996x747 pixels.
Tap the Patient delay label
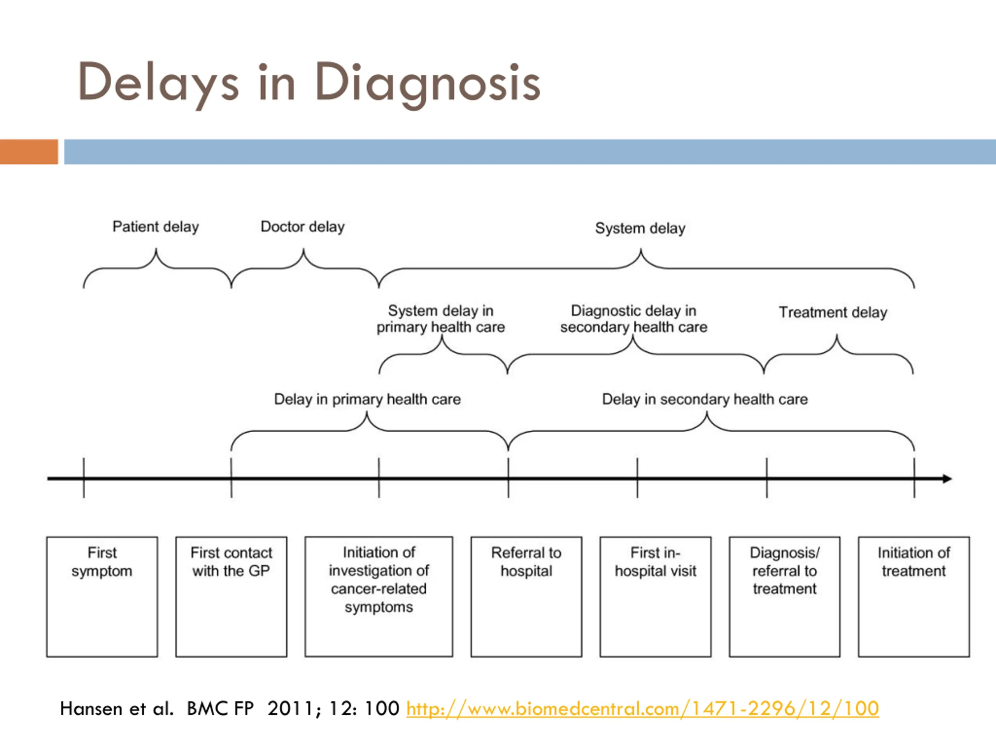(x=155, y=226)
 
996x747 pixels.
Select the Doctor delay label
(x=303, y=226)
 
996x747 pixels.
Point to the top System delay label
(x=640, y=228)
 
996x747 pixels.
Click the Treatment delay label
(x=833, y=312)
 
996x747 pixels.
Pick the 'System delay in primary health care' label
(x=441, y=319)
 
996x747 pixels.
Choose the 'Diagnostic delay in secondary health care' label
(x=633, y=319)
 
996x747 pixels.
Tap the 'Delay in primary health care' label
(x=367, y=400)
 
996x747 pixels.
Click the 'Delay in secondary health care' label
(x=705, y=400)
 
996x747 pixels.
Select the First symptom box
(x=102, y=596)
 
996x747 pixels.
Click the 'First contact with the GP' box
(x=231, y=596)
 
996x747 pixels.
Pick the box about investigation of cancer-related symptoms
(x=379, y=596)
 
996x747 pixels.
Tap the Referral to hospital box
(x=526, y=596)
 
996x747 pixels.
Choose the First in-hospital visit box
(x=656, y=596)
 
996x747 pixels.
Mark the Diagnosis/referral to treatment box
(x=785, y=596)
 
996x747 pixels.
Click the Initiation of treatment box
(x=914, y=596)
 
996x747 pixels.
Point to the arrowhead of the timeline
(x=951, y=479)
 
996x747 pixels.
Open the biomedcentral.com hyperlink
(x=643, y=709)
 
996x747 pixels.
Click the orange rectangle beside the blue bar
(x=29, y=152)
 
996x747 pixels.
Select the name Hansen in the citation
(x=91, y=709)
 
